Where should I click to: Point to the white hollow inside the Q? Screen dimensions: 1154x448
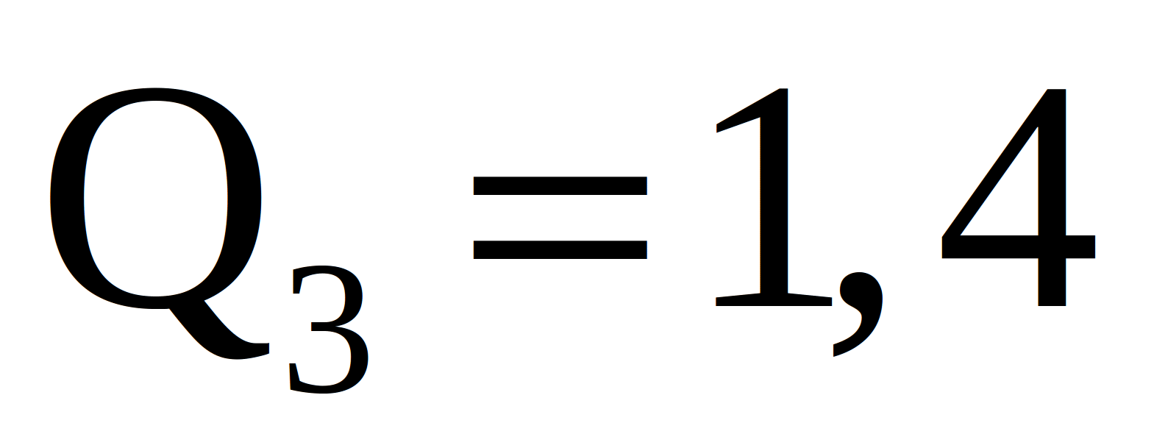[x=155, y=199]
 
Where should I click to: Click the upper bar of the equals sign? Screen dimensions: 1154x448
[x=560, y=186]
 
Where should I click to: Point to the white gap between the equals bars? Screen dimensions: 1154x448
[x=560, y=218]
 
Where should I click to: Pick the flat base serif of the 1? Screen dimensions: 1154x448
[x=774, y=301]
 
